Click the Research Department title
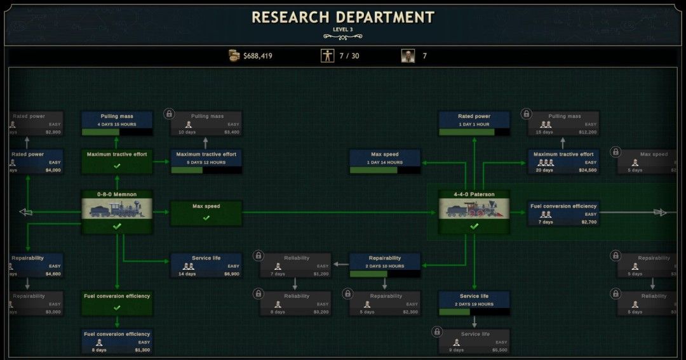tap(342, 17)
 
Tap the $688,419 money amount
tap(258, 56)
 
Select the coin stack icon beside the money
tap(234, 56)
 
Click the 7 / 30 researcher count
tap(349, 56)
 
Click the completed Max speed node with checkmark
tap(206, 213)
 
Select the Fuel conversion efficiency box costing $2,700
tap(563, 213)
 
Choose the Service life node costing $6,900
tap(206, 265)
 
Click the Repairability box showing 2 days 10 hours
tap(385, 265)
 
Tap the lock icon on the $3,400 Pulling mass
tap(169, 114)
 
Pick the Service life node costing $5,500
tap(474, 342)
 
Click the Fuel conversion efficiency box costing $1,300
tap(117, 342)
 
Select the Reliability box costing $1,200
tap(296, 265)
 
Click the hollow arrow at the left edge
tap(26, 212)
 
